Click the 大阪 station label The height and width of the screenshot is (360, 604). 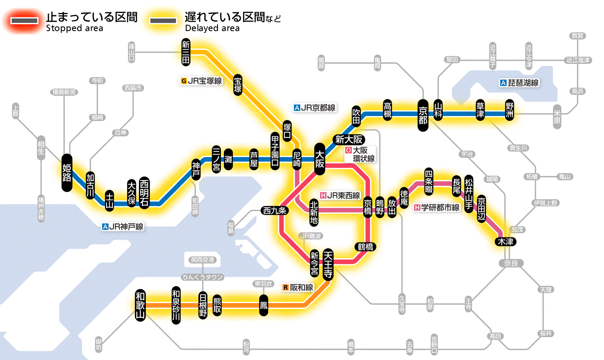(320, 159)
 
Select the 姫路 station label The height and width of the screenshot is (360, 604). (67, 172)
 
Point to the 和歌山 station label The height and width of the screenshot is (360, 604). (140, 304)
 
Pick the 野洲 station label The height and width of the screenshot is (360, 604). (510, 113)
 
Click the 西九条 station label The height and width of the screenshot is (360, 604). (275, 211)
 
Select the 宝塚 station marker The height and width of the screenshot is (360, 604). (238, 84)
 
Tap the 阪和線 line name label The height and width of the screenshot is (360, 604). (298, 287)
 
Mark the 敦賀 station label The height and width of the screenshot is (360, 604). (578, 36)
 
